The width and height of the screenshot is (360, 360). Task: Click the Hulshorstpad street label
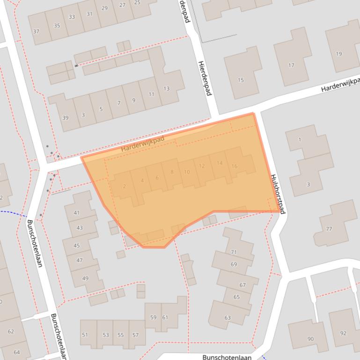(x=278, y=194)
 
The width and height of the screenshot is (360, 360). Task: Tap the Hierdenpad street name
(x=205, y=78)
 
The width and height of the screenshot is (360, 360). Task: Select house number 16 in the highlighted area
(x=234, y=166)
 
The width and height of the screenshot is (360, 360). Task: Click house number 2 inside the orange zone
(x=125, y=187)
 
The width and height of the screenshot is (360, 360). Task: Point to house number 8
(x=172, y=172)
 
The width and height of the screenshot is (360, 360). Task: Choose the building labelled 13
(x=166, y=88)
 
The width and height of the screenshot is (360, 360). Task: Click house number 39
(x=65, y=118)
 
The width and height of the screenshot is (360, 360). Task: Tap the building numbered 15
(x=241, y=80)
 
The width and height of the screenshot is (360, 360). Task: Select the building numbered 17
(x=291, y=65)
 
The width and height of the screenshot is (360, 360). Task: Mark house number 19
(x=339, y=54)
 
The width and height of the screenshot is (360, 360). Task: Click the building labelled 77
(x=329, y=229)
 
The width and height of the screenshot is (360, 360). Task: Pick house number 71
(x=234, y=252)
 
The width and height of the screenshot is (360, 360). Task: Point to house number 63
(x=228, y=318)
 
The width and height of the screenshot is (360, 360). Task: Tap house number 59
(x=153, y=317)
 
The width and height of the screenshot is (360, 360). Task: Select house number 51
(x=85, y=335)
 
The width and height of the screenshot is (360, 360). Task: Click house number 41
(x=77, y=213)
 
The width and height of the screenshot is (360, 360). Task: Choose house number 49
(x=85, y=278)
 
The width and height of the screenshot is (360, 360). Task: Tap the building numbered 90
(x=310, y=339)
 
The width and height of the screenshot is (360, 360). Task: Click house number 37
(x=36, y=32)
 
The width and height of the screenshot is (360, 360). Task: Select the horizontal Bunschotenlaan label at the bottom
(x=227, y=357)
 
